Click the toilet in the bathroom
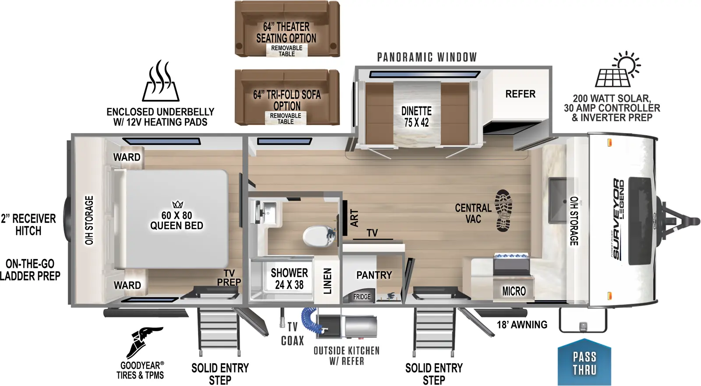[318, 236]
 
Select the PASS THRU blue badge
[584, 363]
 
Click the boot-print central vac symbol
[503, 211]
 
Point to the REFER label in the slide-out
[520, 94]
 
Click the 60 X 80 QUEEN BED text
[177, 220]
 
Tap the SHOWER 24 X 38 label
[289, 279]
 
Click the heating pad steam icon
[160, 81]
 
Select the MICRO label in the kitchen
[513, 291]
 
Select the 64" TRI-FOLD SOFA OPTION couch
[287, 97]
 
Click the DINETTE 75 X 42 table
[416, 116]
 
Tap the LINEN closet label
[327, 281]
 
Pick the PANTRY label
[374, 275]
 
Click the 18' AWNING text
[522, 325]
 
